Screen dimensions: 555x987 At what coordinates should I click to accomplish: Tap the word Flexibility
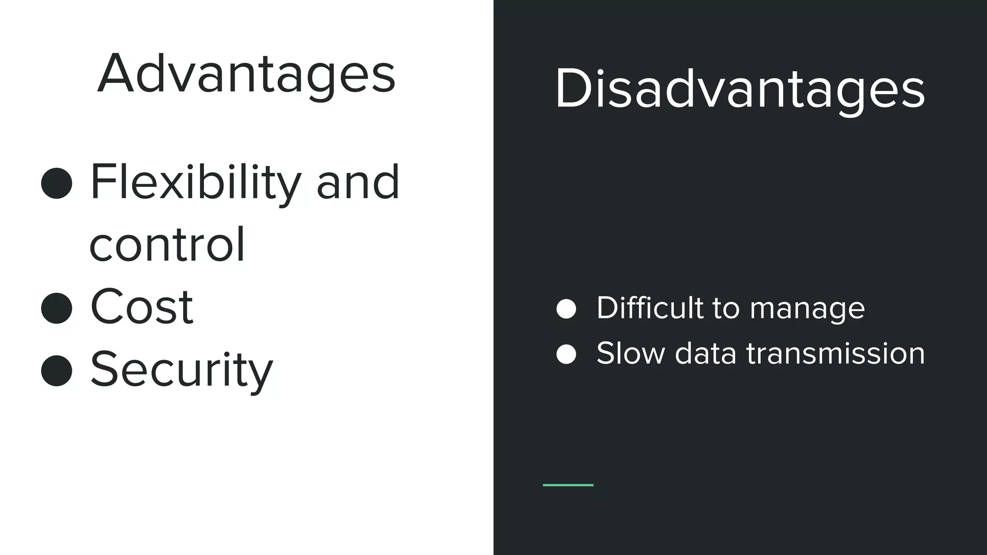[x=195, y=183]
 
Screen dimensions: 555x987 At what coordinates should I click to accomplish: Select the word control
[x=167, y=245]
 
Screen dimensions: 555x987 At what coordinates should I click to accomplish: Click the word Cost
[x=142, y=307]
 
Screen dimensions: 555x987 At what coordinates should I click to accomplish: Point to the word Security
[x=182, y=370]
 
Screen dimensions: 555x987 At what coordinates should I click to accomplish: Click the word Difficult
[x=650, y=308]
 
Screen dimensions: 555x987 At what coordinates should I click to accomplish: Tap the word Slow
[x=630, y=353]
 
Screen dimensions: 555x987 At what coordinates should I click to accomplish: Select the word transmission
[x=836, y=353]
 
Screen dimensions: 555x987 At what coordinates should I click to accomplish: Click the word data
[x=706, y=353]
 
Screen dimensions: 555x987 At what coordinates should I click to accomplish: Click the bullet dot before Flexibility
[x=57, y=183]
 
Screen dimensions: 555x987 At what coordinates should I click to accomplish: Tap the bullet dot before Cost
[x=57, y=308]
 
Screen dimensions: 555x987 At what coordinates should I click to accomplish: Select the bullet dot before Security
[x=57, y=370]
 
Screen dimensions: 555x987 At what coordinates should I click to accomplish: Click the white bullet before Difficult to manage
[x=566, y=309]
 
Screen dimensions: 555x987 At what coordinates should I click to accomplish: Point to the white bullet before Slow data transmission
[x=566, y=354]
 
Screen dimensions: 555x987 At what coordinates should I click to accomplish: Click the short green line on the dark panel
[x=568, y=485]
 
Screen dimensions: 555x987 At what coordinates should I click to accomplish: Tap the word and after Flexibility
[x=358, y=183]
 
